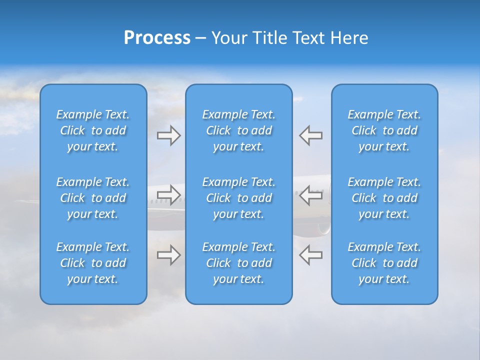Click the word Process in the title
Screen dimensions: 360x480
157,38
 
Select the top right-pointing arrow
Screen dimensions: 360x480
168,135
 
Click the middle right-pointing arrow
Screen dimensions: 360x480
168,195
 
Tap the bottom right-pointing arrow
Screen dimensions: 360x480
168,255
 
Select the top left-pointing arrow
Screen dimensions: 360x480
311,135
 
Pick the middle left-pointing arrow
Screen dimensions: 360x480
311,195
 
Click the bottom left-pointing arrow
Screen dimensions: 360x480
311,255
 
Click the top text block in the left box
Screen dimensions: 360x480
93,130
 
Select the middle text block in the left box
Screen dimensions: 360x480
93,198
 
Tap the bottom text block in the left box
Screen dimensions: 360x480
93,263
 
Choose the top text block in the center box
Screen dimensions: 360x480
238,130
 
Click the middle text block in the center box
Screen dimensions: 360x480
238,198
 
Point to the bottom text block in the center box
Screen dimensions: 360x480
238,263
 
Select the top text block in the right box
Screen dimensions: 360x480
384,130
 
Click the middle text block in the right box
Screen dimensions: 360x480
384,198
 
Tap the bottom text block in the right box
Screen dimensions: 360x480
384,263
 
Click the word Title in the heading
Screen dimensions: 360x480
270,38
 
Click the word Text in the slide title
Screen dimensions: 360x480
309,38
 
